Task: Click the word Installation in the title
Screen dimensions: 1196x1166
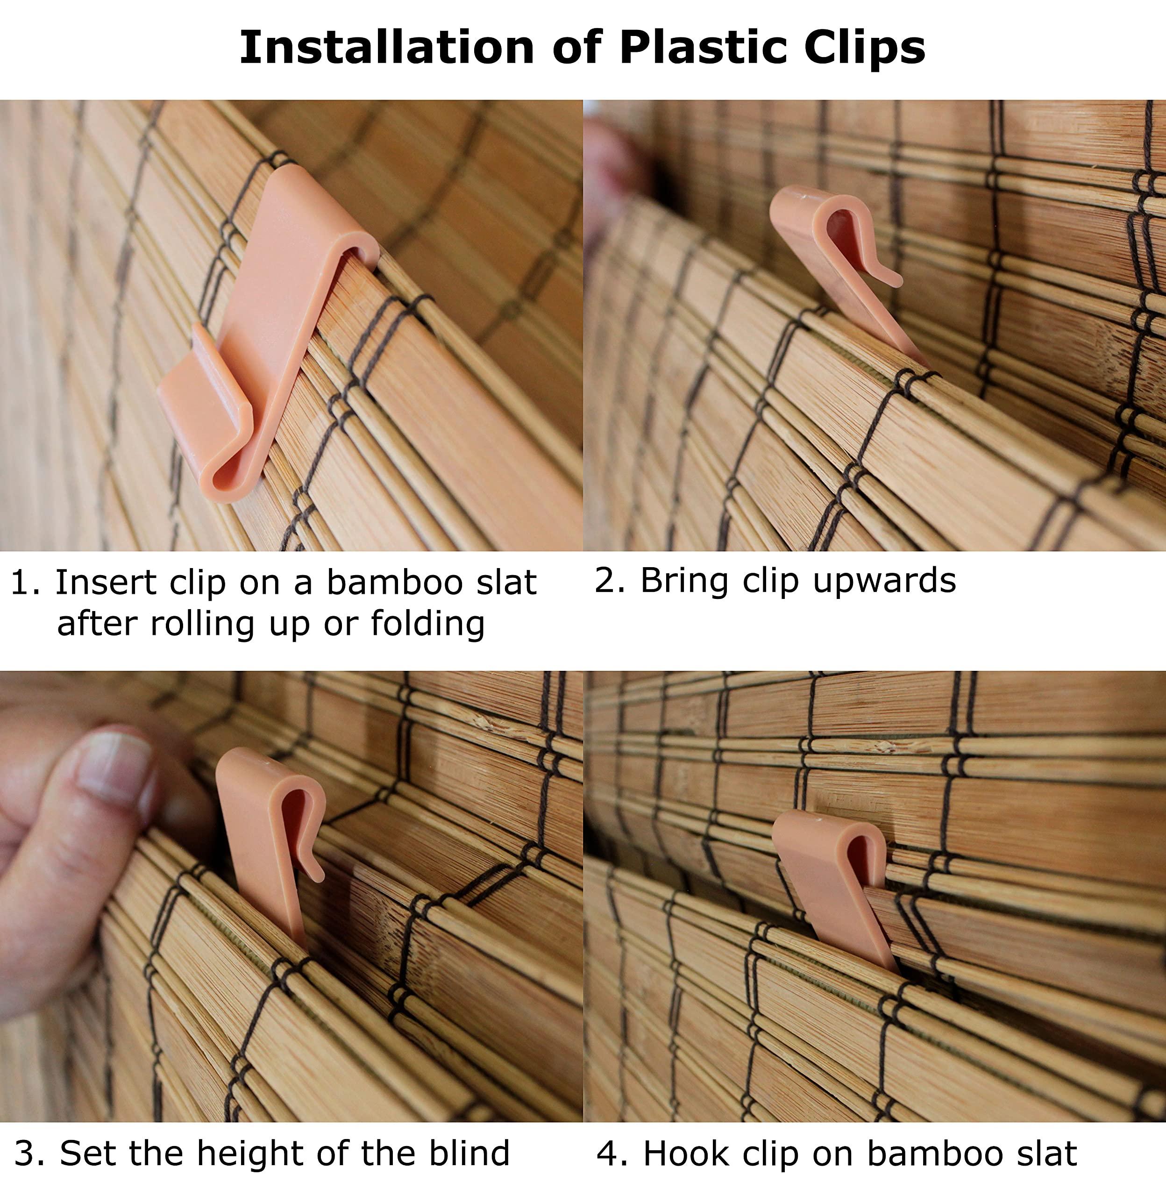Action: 386,47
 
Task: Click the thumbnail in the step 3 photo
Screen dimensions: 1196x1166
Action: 114,769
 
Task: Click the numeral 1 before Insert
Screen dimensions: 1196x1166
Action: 20,583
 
